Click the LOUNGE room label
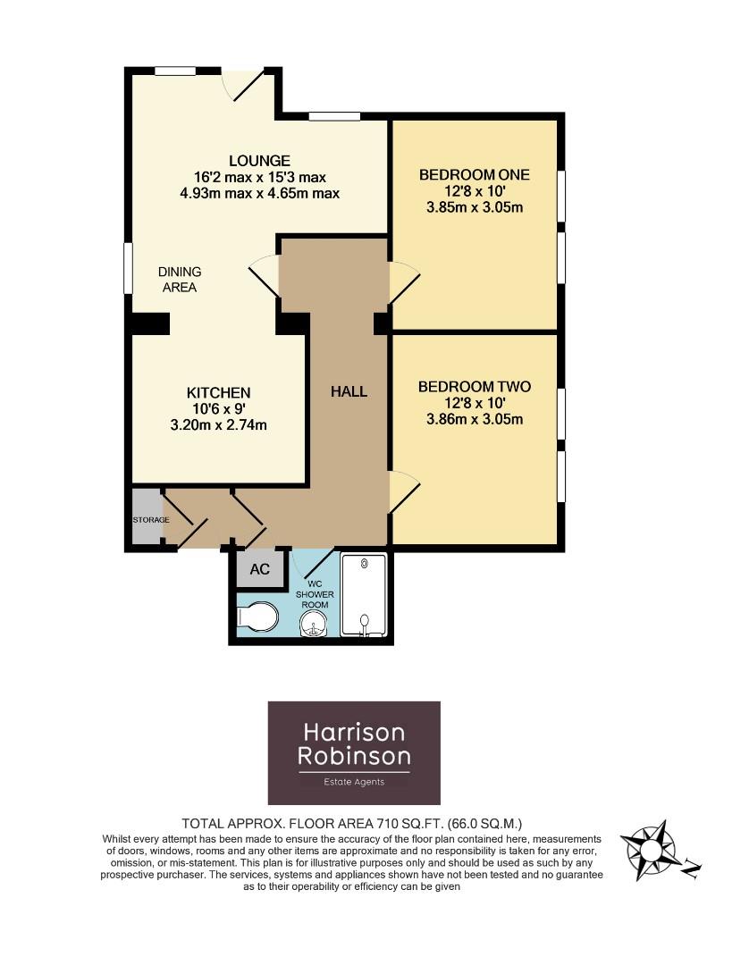259,161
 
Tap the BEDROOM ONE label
475,175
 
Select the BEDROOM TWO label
475,387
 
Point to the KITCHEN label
218,392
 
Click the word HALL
349,391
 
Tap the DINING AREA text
180,280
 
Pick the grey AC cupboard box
259,570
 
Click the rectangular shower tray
364,595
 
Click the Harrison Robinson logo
354,752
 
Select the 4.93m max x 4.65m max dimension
259,193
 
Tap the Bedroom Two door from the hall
403,492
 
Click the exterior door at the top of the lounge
243,85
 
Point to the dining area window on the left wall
128,267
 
